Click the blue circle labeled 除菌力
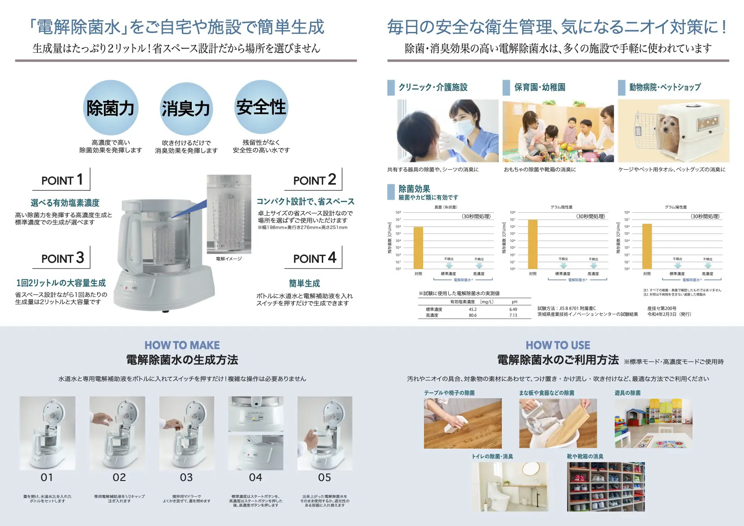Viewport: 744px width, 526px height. click(110, 108)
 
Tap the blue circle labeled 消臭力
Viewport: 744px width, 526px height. click(186, 109)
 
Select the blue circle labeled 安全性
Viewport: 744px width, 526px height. click(261, 107)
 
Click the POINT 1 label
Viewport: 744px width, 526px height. click(62, 180)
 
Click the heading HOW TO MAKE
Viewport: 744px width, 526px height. click(182, 345)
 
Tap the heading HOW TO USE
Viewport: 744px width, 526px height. click(558, 345)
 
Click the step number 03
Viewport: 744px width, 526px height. click(186, 477)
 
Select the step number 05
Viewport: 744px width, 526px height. click(325, 477)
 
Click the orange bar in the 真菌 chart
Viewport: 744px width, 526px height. click(419, 247)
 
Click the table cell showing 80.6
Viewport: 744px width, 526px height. click(473, 315)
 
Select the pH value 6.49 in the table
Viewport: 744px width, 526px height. click(513, 310)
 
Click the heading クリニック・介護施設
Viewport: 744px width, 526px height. click(433, 87)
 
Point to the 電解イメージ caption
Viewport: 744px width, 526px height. click(229, 259)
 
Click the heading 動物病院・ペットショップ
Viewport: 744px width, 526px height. click(665, 87)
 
